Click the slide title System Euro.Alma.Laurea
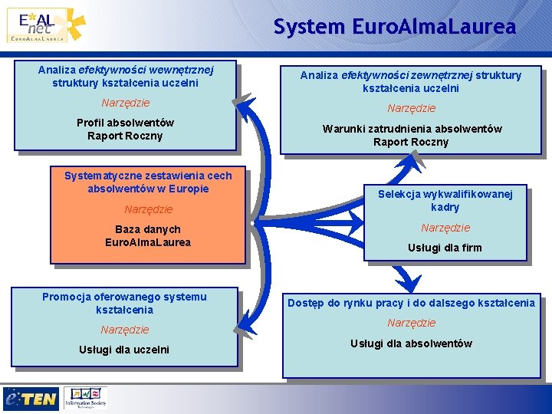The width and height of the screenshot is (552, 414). [395, 28]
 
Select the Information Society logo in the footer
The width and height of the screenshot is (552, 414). [85, 397]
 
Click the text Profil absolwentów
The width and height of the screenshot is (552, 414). [125, 123]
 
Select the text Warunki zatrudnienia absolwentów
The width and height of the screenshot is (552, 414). [412, 129]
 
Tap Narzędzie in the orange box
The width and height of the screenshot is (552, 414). [148, 209]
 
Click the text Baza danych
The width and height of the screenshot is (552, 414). [148, 229]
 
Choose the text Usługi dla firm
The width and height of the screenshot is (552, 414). [445, 248]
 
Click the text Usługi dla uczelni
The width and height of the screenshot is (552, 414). [124, 350]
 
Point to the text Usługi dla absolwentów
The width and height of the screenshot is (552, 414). [411, 343]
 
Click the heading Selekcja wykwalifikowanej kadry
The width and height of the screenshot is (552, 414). [445, 201]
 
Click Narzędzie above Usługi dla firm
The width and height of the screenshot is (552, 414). [445, 228]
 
